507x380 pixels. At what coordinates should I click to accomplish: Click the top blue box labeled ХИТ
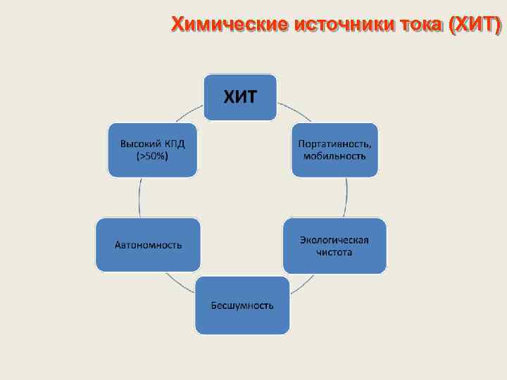[240, 97]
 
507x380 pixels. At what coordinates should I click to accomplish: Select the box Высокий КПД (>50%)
[152, 149]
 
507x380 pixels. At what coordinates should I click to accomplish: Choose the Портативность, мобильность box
[334, 149]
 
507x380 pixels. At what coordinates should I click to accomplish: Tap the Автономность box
[148, 245]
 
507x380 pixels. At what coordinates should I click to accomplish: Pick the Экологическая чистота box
[334, 246]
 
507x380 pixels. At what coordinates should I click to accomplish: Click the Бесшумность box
[242, 305]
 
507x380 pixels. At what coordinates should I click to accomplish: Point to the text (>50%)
[152, 156]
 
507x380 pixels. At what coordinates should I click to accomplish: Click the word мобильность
[334, 156]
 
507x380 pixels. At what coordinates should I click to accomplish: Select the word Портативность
[334, 143]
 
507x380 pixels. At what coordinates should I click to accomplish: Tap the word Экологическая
[334, 239]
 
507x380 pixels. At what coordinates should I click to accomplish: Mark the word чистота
[334, 252]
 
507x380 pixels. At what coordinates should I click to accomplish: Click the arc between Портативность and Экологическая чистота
[346, 197]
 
